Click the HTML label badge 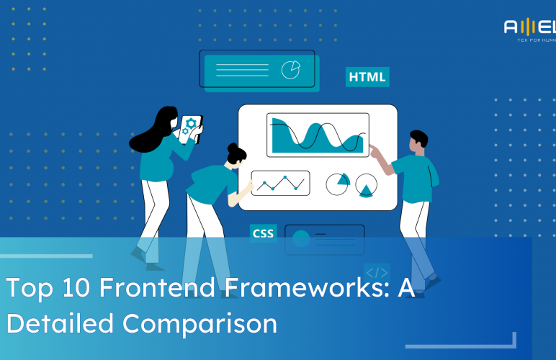367,77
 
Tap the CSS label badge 262,233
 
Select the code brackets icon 377,273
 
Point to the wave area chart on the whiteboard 318,135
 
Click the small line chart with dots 280,183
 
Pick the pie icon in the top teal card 291,69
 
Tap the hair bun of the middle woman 233,148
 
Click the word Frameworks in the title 288,288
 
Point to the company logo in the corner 529,30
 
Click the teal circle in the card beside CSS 301,238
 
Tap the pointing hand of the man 374,149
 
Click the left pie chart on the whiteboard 337,184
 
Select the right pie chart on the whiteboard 367,185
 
